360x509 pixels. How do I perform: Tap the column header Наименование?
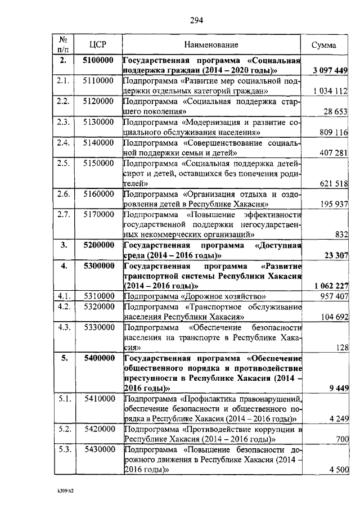[211, 44]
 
